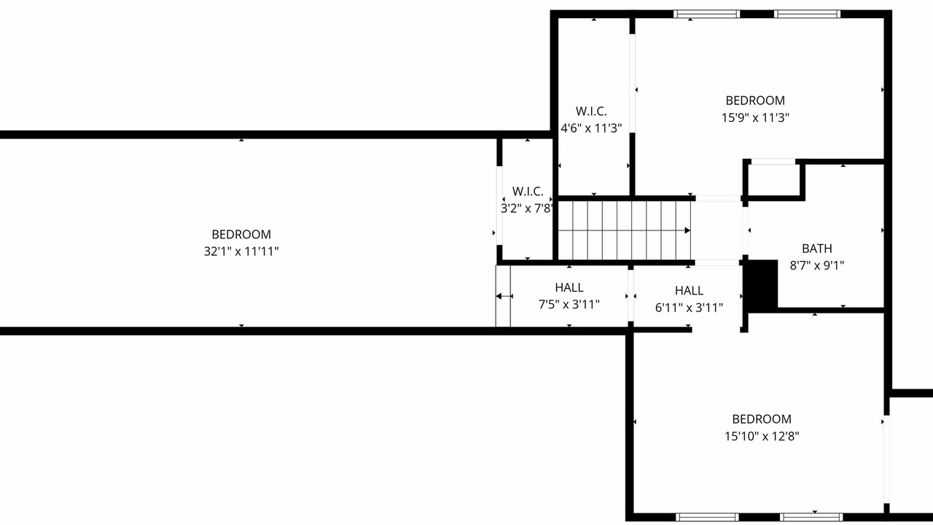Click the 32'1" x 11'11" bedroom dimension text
(x=241, y=252)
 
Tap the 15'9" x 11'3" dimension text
(x=755, y=118)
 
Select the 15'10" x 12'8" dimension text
(x=762, y=436)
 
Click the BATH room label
(x=817, y=249)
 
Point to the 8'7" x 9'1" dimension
(x=817, y=265)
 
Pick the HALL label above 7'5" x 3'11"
(x=569, y=287)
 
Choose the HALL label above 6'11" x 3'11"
(x=689, y=290)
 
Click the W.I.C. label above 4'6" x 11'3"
(x=591, y=112)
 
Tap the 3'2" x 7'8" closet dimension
(x=527, y=209)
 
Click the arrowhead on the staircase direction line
(x=687, y=230)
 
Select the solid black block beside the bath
(x=761, y=284)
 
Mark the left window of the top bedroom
(x=707, y=14)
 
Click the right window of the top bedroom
(x=807, y=14)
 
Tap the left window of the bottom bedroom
(x=707, y=518)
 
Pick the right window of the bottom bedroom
(x=811, y=518)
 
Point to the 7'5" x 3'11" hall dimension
(x=569, y=305)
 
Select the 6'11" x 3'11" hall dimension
(x=689, y=308)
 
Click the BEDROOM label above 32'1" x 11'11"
(x=241, y=235)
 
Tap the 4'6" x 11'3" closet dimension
(x=591, y=128)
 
